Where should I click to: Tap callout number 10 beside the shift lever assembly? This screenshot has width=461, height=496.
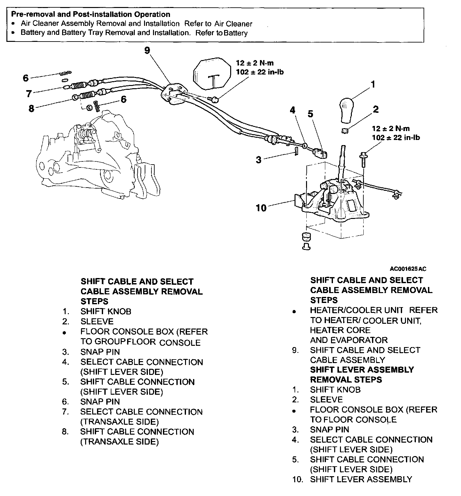click(261, 208)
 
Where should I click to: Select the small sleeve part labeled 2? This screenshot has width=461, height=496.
click(345, 131)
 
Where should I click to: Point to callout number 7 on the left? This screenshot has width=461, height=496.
click(29, 94)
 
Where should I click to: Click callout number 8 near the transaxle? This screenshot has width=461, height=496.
click(31, 109)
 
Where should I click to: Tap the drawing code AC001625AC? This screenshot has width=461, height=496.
click(408, 269)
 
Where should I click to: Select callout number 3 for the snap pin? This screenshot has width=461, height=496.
click(259, 159)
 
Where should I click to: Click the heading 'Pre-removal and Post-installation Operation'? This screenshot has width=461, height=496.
click(91, 14)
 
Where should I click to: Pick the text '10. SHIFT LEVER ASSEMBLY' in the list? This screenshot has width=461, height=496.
click(352, 479)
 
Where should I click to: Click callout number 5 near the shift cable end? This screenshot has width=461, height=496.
click(311, 114)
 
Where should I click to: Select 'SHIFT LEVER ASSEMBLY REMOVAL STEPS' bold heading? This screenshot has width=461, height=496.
click(362, 375)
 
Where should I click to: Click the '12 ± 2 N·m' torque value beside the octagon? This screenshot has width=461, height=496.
click(255, 63)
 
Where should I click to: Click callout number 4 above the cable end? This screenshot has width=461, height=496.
click(292, 110)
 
